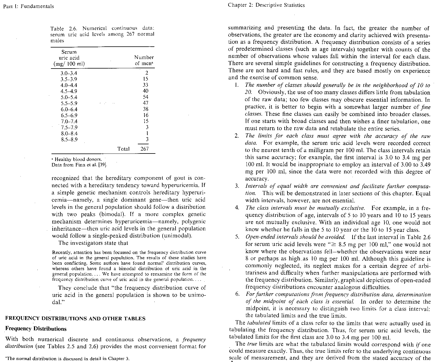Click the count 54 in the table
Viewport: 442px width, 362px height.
pos(145,97)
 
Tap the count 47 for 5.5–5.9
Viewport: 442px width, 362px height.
pos(145,103)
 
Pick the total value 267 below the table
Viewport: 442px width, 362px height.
pos(144,149)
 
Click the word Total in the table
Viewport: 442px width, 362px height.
pos(123,149)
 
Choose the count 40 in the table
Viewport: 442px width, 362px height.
pos(145,91)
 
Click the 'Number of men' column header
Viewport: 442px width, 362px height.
pos(144,60)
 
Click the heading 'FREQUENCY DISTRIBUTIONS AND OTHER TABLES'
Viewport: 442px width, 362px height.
pos(75,319)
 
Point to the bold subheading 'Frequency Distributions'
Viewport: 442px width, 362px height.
pos(36,329)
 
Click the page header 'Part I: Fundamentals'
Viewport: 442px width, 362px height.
pos(28,6)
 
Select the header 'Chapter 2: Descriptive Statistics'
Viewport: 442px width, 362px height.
pos(266,5)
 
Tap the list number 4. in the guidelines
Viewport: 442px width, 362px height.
pos(237,208)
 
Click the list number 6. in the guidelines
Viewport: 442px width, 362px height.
pos(237,294)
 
